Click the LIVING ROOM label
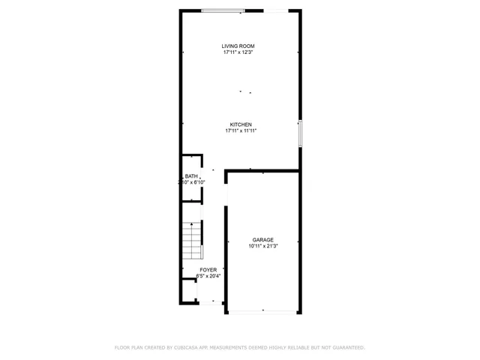point(238,46)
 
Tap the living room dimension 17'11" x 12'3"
point(238,52)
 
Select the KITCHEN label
point(240,124)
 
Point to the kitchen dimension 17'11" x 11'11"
point(241,130)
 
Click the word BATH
point(191,176)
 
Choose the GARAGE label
point(262,240)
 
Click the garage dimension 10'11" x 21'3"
point(263,246)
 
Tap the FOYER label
point(208,270)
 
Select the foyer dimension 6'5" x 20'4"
point(208,276)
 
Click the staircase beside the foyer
point(193,240)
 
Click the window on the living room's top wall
point(223,10)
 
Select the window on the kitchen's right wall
point(299,133)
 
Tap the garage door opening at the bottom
point(262,312)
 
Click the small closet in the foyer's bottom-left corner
point(188,289)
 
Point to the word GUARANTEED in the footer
point(348,347)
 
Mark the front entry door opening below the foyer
point(211,302)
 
